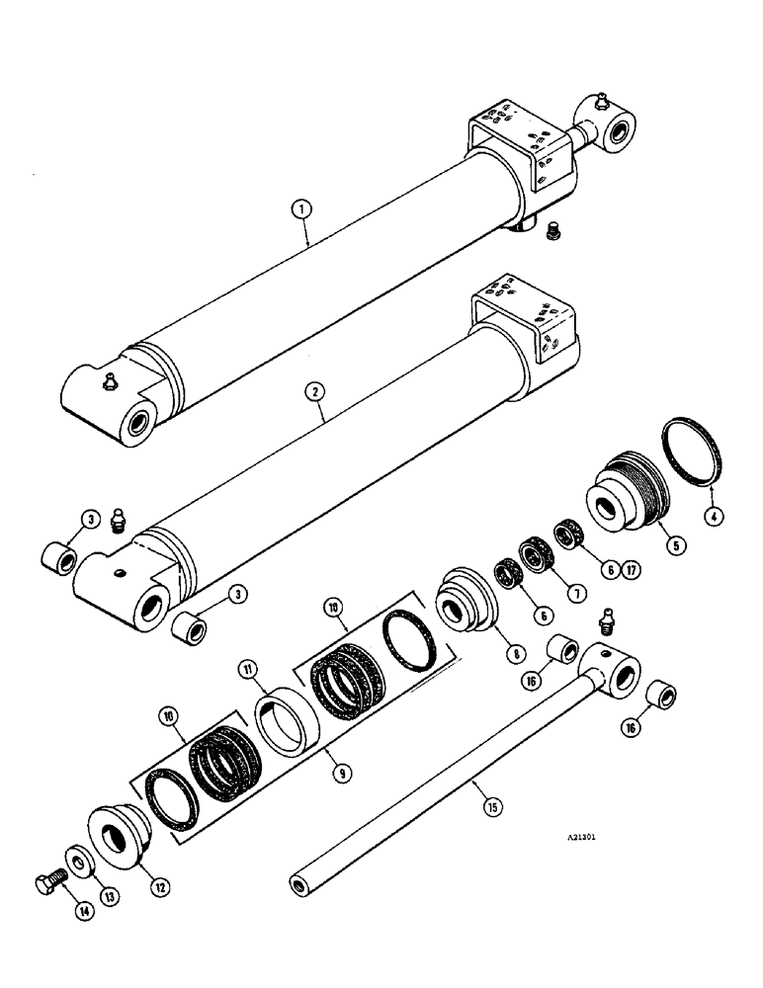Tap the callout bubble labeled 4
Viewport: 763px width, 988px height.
pos(712,513)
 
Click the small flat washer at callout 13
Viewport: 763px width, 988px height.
pos(76,855)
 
